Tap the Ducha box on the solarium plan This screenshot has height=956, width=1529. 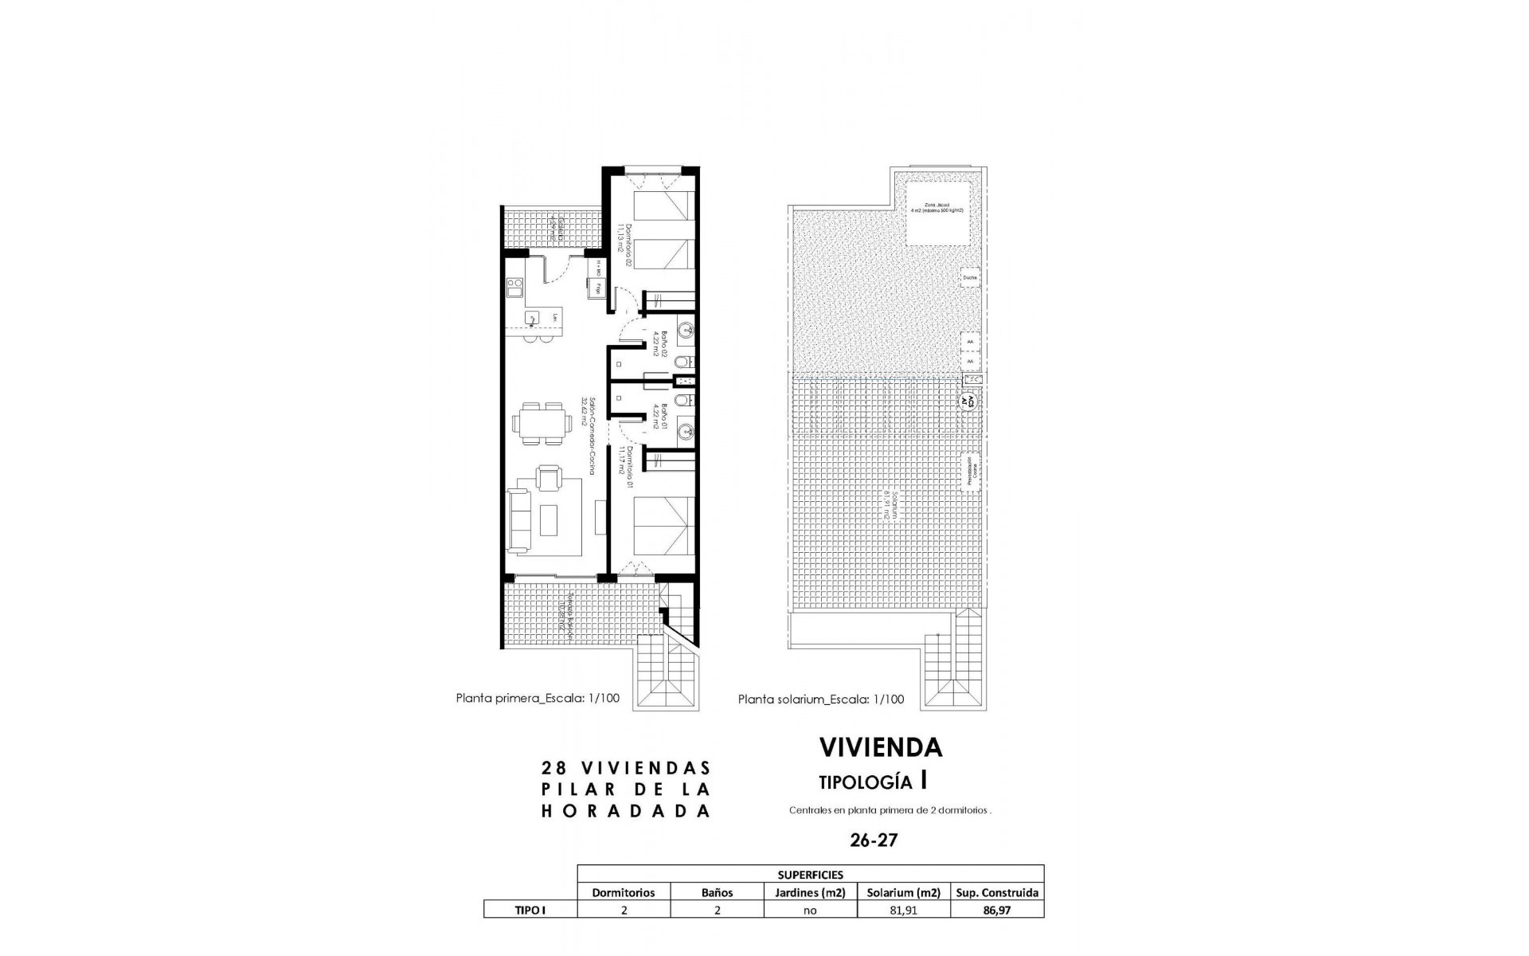(970, 277)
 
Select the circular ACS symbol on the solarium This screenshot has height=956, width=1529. (969, 401)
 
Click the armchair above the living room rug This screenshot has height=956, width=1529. (549, 478)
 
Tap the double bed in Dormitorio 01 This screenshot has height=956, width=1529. (663, 527)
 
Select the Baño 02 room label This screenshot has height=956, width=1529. (655, 346)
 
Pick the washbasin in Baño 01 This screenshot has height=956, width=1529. (684, 433)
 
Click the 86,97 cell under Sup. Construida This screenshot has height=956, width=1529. (996, 910)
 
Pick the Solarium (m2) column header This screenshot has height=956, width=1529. (903, 892)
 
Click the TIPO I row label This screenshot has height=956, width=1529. (530, 910)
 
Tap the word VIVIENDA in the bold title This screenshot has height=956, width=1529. (881, 747)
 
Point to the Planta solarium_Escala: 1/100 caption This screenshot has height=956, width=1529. (821, 699)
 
